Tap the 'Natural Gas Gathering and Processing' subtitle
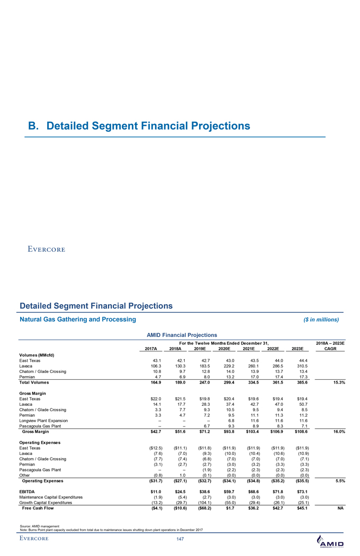pyautogui.click(x=78, y=319)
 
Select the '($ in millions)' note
pyautogui.click(x=317, y=320)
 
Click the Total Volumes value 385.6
pyautogui.click(x=301, y=382)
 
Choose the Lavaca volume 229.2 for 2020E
pyautogui.click(x=225, y=365)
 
